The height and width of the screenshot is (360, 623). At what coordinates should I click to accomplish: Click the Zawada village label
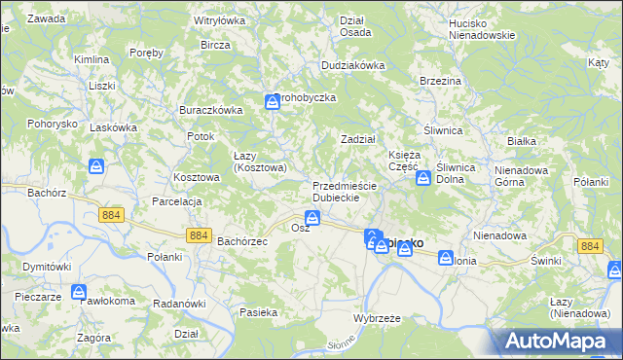[x=47, y=18]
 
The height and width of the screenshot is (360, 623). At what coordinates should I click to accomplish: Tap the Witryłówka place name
[x=219, y=19]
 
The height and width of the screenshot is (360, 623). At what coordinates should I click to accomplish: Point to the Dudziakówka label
[x=353, y=65]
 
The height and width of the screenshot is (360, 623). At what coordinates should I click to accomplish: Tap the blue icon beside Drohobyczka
[x=273, y=101]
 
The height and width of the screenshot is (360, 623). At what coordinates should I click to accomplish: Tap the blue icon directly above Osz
[x=312, y=218]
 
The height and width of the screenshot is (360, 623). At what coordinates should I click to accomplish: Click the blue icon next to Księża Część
[x=423, y=178]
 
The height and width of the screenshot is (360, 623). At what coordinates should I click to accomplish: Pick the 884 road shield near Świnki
[x=589, y=247]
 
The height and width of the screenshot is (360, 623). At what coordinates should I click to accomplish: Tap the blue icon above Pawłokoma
[x=79, y=291]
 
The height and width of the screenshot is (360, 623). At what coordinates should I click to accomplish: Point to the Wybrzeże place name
[x=376, y=319]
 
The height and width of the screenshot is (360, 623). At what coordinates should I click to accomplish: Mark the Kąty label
[x=599, y=62]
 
